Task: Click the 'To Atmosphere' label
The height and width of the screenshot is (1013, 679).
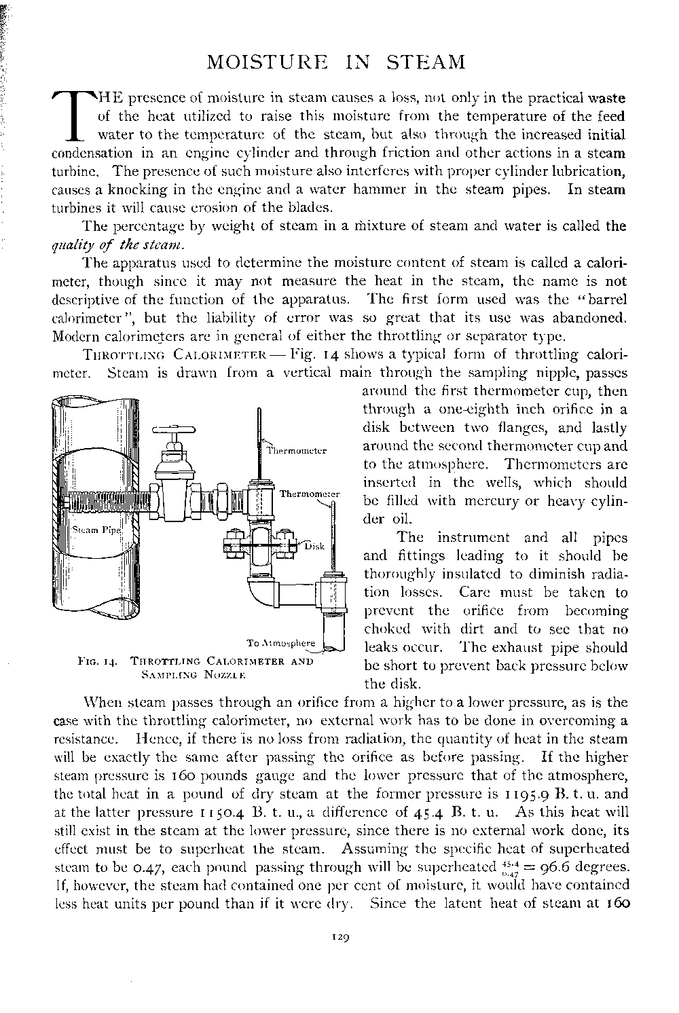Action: [281, 643]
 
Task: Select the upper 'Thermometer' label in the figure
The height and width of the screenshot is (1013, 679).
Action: [297, 450]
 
